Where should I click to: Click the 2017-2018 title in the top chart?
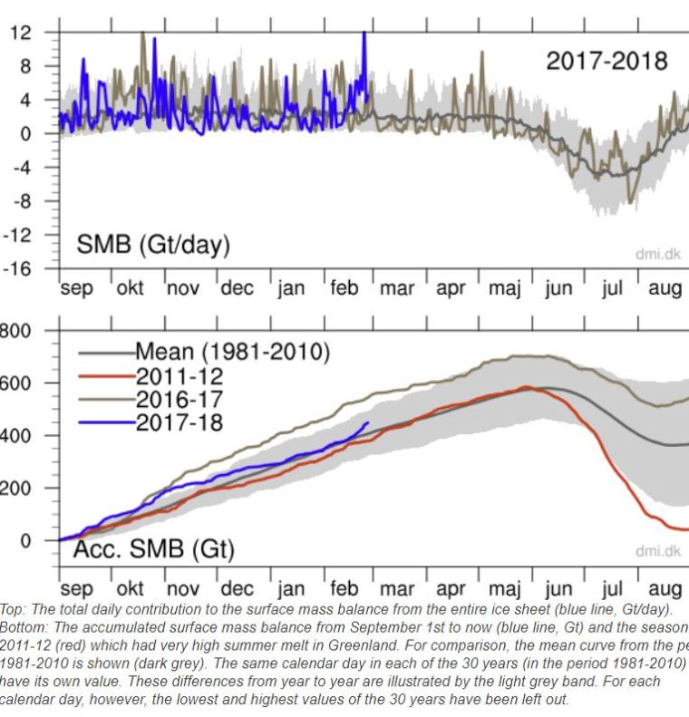coord(607,61)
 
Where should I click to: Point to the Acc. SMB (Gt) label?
coord(153,549)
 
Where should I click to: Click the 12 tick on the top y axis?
coord(21,33)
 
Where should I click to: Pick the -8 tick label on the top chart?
coord(21,201)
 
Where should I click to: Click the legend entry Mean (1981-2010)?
coord(232,352)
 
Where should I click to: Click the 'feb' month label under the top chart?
coord(344,290)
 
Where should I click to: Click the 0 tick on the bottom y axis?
coord(24,540)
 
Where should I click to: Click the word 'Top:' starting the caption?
coord(15,610)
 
